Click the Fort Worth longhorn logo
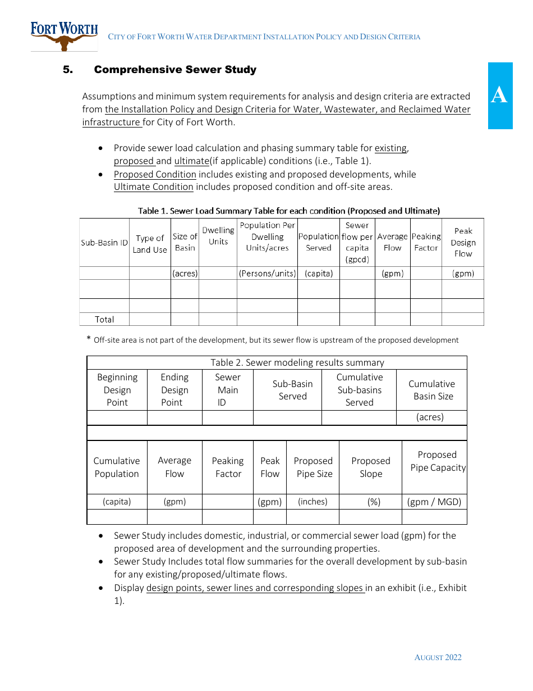pos(64,36)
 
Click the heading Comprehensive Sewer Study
pos(175,70)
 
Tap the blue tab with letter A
pos(499,96)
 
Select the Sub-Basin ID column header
pos(104,243)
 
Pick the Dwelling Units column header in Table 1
pos(218,236)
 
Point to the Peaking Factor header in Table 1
pos(426,242)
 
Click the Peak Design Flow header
pos(463,242)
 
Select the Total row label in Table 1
pos(104,319)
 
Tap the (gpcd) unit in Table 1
pos(357,260)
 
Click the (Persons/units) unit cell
pos(267,274)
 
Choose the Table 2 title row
pos(277,362)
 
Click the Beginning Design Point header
pos(117,390)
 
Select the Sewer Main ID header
pos(227,390)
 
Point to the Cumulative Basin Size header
pos(431,390)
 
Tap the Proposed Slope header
pos(370,467)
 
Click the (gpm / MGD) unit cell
pos(434,502)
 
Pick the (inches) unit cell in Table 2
pos(313,502)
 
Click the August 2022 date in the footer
pos(438,657)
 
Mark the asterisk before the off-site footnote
pos(89,339)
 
